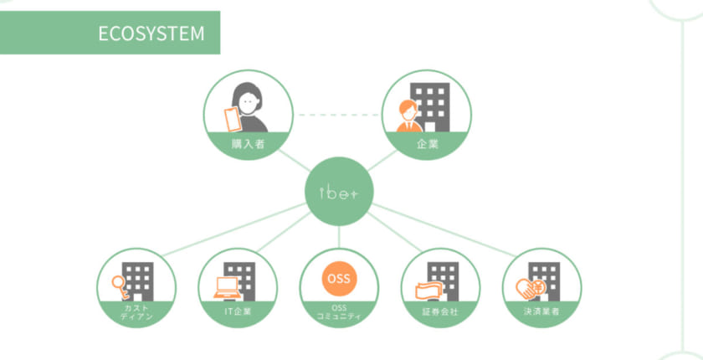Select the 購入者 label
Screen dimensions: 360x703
coord(249,145)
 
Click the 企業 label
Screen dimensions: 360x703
coord(427,145)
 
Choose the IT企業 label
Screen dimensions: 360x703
coord(238,311)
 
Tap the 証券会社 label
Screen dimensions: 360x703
coord(441,311)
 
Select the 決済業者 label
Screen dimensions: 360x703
coord(541,311)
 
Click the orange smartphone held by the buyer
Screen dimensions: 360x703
coord(231,119)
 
